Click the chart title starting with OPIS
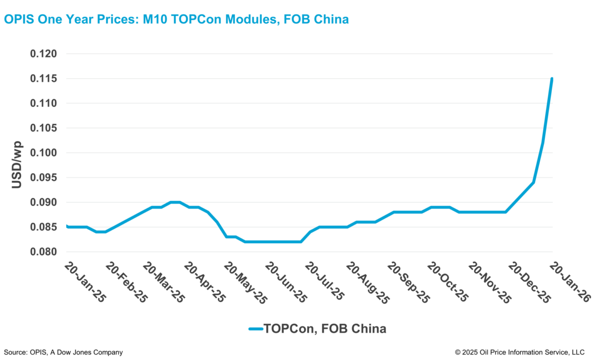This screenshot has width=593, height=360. (x=176, y=19)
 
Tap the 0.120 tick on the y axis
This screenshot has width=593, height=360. (x=43, y=54)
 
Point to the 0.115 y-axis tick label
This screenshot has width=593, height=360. (x=43, y=79)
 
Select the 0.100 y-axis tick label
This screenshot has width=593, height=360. (x=43, y=153)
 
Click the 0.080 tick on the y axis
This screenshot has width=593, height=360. (x=43, y=252)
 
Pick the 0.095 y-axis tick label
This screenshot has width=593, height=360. (x=43, y=178)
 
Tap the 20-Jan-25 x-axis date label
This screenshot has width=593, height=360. (x=85, y=282)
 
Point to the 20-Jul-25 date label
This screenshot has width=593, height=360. (x=325, y=282)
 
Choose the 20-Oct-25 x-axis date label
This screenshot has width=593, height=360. (x=448, y=282)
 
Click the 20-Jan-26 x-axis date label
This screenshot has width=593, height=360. (x=569, y=282)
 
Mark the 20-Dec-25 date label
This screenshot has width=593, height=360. (x=529, y=282)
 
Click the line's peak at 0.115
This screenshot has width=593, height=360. (x=551, y=79)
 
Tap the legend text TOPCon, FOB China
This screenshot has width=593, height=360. (x=325, y=328)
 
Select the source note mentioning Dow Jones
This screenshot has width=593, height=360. (x=63, y=352)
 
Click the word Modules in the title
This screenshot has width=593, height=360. (x=250, y=19)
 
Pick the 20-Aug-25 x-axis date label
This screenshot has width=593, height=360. (x=366, y=282)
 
